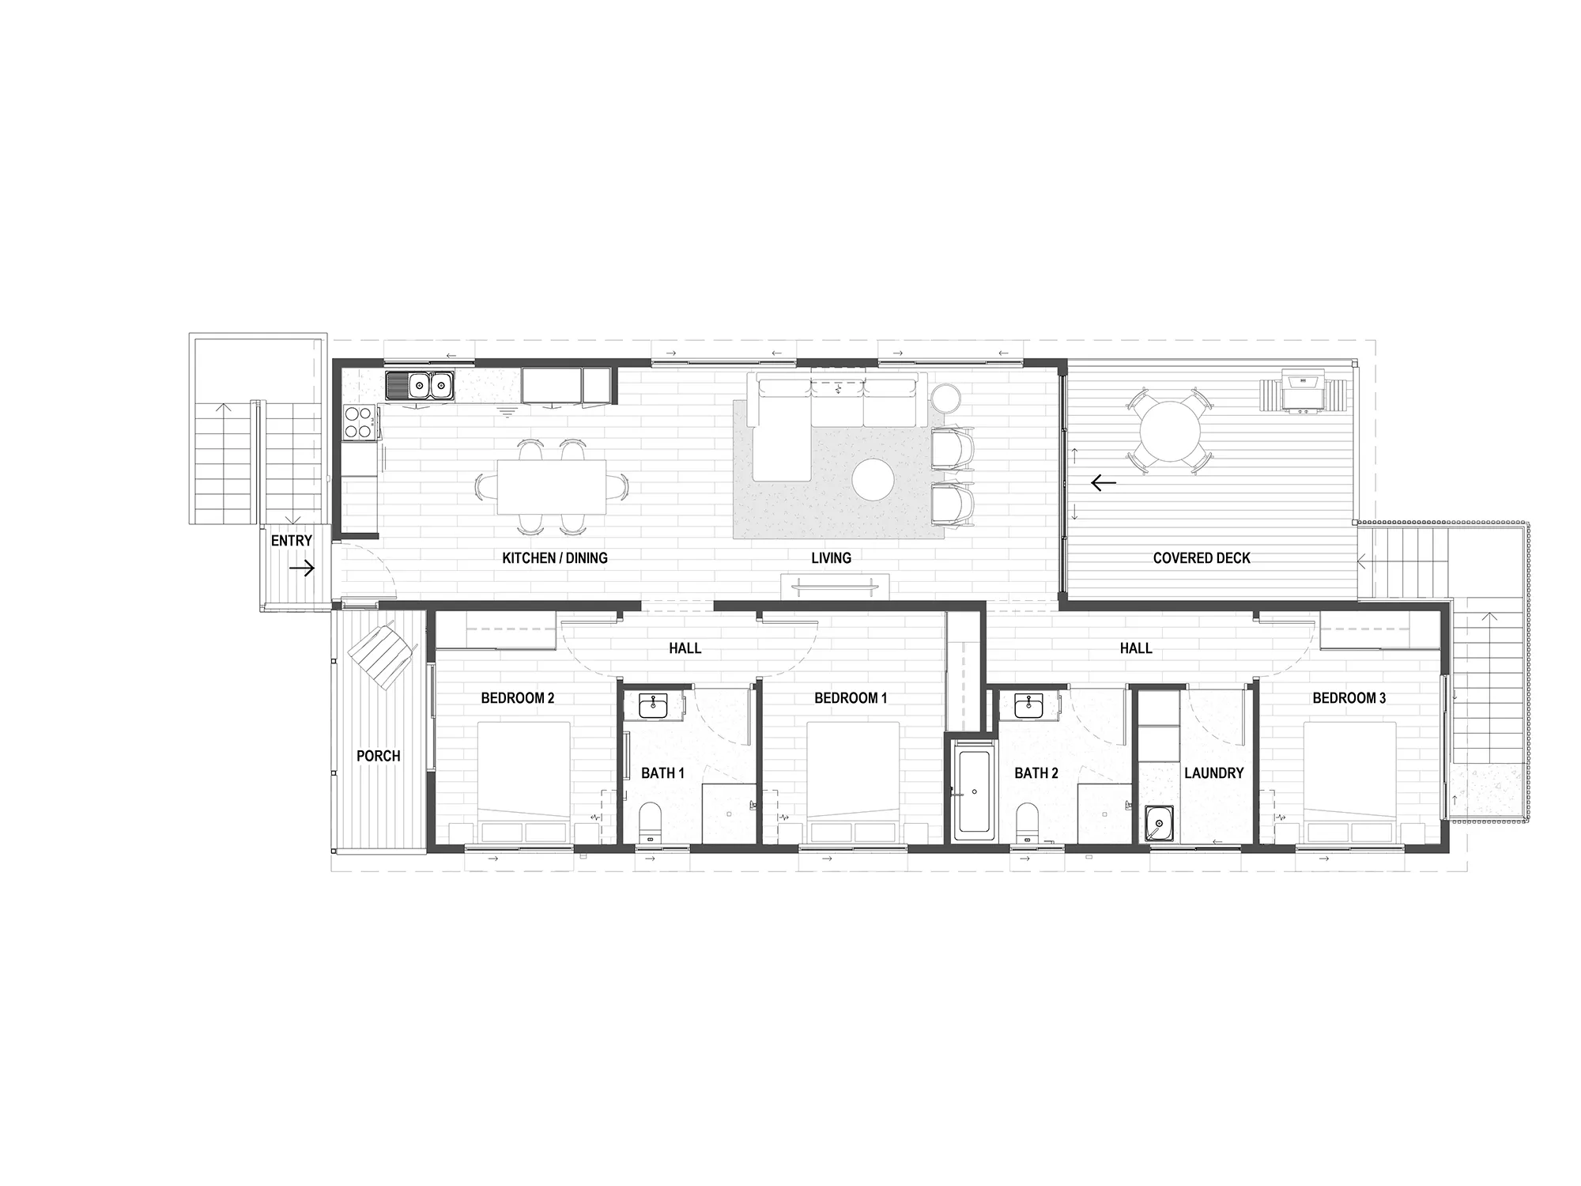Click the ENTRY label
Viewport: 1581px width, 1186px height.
[x=292, y=541]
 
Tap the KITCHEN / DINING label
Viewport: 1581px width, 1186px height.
[x=555, y=558]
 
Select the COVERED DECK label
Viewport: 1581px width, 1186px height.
[x=1202, y=558]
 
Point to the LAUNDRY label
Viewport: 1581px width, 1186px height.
[x=1213, y=773]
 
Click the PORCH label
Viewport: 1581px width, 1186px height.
[x=378, y=756]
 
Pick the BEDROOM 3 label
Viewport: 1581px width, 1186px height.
[x=1349, y=698]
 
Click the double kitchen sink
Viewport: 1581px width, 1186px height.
[x=420, y=386]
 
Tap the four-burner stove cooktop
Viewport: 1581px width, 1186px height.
[x=360, y=421]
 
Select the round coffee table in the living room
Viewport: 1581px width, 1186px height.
[x=874, y=480]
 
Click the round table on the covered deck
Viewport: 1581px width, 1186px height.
[x=1169, y=432]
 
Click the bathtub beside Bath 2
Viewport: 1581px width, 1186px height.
[x=973, y=790]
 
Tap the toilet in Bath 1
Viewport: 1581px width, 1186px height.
[x=650, y=823]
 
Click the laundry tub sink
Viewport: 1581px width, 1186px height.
[x=1157, y=824]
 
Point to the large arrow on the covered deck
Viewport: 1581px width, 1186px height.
[x=1103, y=482]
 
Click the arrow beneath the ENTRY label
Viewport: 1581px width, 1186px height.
[x=302, y=568]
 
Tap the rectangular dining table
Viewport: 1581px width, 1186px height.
[x=552, y=487]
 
